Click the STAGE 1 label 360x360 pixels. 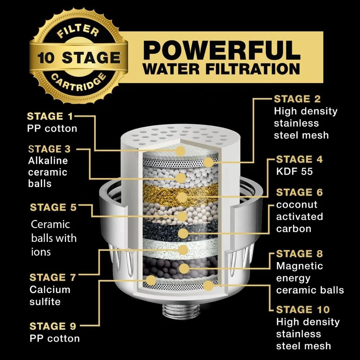pos(50,117)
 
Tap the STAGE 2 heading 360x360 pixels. pos(297,99)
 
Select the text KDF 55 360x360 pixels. pos(294,171)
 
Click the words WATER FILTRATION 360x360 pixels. pos(222,68)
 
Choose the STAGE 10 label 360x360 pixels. pos(303,310)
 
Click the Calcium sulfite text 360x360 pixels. pos(50,295)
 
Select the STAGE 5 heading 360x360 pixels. pos(53,208)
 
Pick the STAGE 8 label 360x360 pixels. pos(299,254)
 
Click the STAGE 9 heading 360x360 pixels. pos(53,326)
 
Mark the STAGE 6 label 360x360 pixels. pos(299,193)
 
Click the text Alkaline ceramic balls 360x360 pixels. pos(48,172)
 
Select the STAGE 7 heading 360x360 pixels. pos(53,278)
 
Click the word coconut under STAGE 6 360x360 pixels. pos(297,205)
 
